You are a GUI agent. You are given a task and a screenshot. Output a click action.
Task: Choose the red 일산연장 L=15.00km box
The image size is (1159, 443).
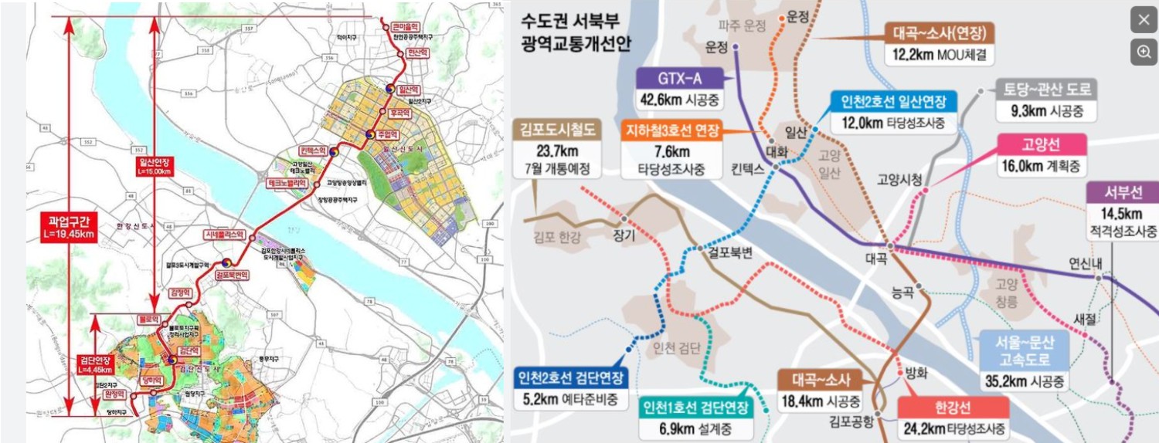155,167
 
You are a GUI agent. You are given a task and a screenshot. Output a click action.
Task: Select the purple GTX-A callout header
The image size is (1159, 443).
679,79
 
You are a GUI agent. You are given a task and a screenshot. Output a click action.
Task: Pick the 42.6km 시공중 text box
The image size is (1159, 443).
679,100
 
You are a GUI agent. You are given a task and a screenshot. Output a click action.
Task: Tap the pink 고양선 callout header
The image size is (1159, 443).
1042,145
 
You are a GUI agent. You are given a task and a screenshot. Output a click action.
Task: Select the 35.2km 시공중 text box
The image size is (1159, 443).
1025,381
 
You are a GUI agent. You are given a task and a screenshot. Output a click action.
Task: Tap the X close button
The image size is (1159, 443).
1144,20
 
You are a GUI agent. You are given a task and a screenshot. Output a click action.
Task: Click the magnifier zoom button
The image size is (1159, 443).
1144,52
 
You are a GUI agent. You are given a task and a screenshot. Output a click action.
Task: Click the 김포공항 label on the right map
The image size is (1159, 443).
851,421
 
